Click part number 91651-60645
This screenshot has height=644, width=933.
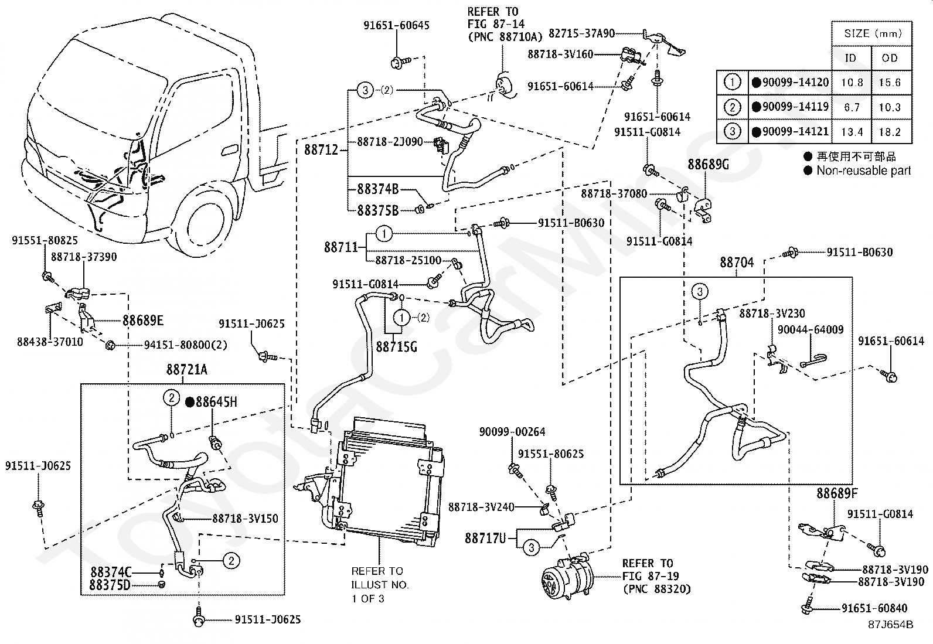coord(396,26)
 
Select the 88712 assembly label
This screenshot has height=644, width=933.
coord(321,150)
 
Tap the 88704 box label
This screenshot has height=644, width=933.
coord(737,263)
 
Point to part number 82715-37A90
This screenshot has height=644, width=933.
coord(581,34)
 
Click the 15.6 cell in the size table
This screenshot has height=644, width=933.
coord(889,83)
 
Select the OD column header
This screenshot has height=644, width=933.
coord(889,58)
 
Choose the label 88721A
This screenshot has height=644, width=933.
coord(187,370)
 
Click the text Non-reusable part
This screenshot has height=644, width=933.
coord(863,171)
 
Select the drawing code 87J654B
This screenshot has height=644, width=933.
coord(891,625)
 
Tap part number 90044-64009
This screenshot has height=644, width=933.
coord(811,330)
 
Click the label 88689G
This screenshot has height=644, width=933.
coord(708,165)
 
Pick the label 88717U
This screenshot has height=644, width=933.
coord(485,537)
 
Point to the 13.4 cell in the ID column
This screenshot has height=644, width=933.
coord(852,132)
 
